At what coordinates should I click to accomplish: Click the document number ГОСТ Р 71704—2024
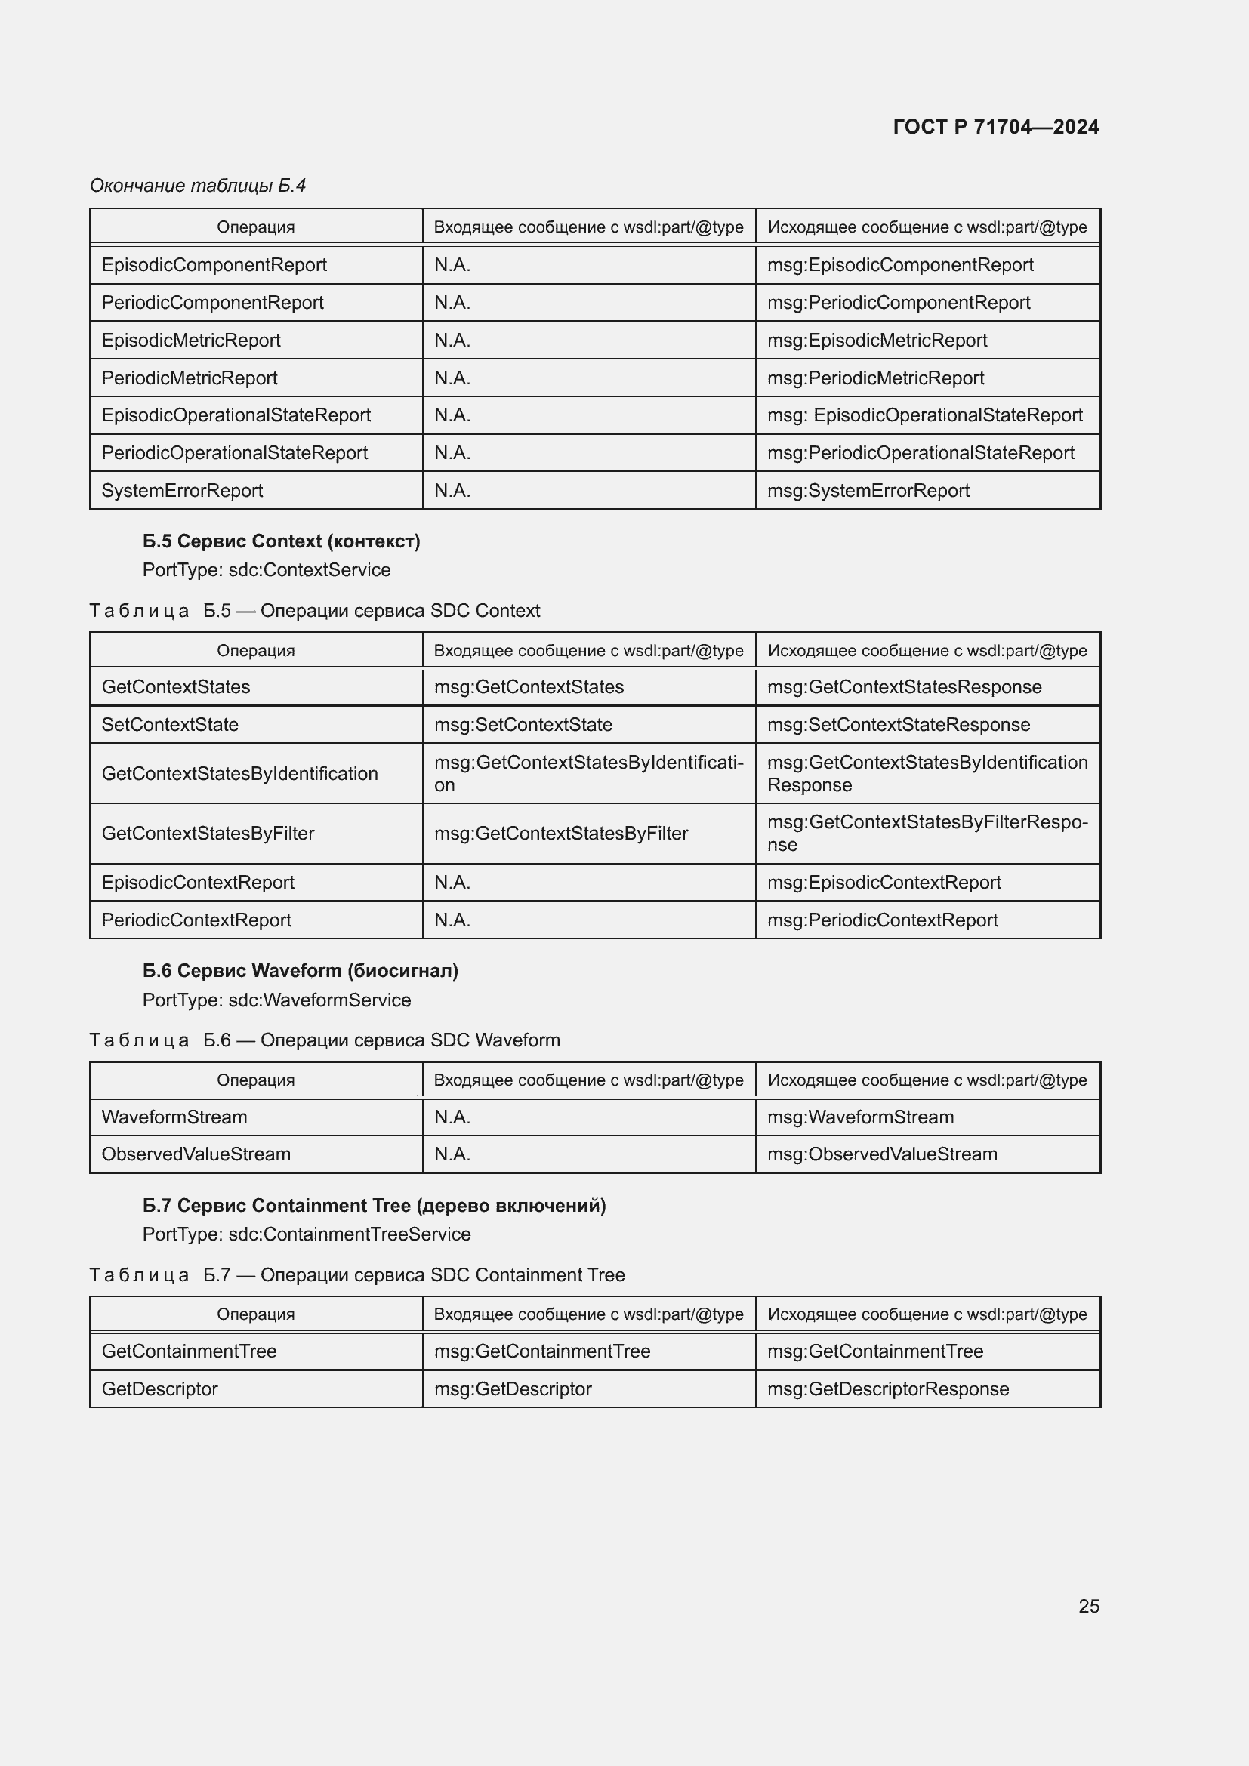pyautogui.click(x=995, y=127)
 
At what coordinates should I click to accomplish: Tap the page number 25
pyautogui.click(x=1088, y=1606)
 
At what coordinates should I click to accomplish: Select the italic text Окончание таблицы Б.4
pyautogui.click(x=198, y=186)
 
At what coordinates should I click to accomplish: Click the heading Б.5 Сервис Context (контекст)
pyautogui.click(x=282, y=541)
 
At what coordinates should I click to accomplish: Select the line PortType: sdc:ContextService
pyautogui.click(x=266, y=570)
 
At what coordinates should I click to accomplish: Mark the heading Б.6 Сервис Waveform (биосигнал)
pyautogui.click(x=300, y=971)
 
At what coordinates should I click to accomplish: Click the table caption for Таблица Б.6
pyautogui.click(x=325, y=1040)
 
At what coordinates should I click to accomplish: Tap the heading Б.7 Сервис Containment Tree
pyautogui.click(x=374, y=1205)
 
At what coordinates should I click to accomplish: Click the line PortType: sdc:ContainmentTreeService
pyautogui.click(x=306, y=1234)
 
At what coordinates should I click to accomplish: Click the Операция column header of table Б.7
pyautogui.click(x=255, y=1314)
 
